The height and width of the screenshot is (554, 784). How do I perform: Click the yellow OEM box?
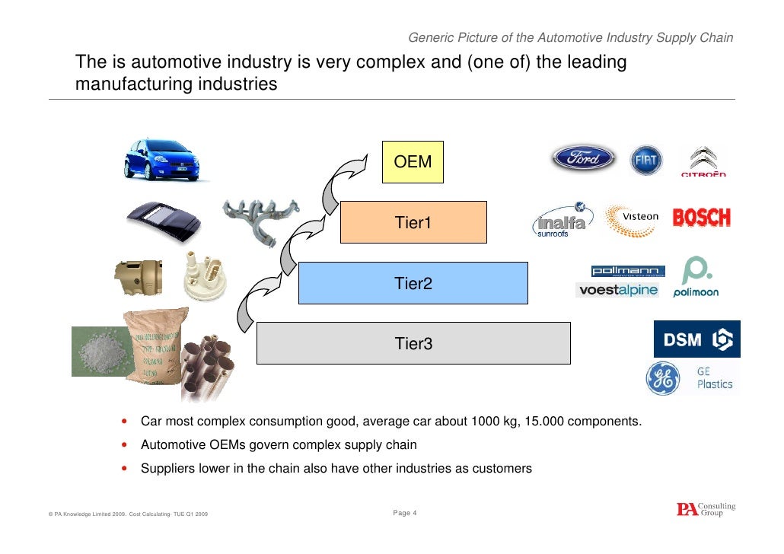pos(412,161)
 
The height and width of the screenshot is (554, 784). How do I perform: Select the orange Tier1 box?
pos(413,222)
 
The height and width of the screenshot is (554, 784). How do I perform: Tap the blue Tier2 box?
pos(413,283)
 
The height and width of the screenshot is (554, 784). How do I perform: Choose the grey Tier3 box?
pos(413,343)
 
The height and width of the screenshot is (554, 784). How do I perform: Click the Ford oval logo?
pos(583,158)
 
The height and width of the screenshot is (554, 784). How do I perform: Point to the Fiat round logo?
pos(647,160)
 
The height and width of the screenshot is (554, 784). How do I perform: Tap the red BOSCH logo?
pos(701,218)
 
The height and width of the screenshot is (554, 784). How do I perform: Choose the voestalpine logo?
pos(617,290)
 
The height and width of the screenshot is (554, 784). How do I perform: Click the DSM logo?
pos(696,339)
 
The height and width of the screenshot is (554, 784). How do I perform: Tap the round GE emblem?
pos(662,379)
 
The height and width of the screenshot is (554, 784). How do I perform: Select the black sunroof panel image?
pos(163,220)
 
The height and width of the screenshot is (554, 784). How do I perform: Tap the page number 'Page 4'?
pos(405,514)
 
